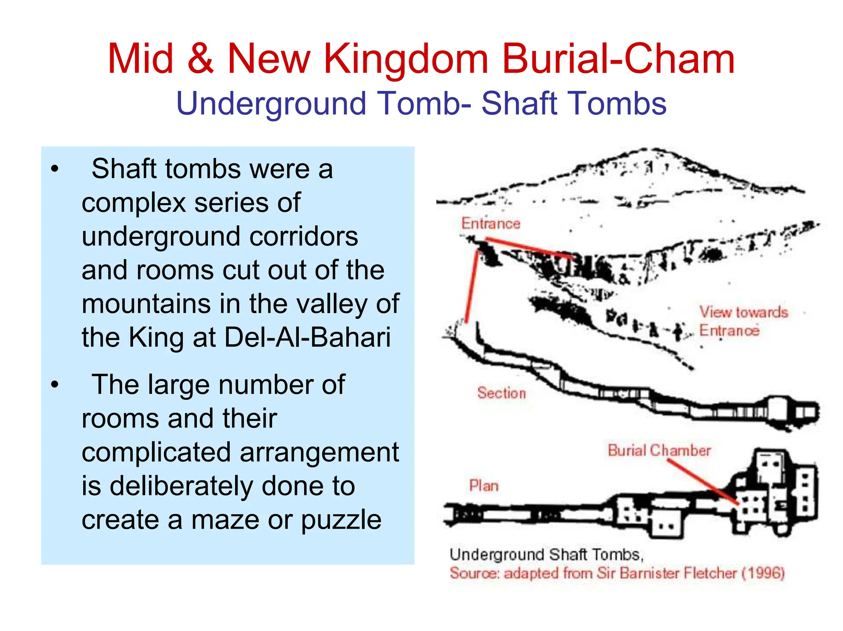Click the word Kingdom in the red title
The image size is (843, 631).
pyautogui.click(x=405, y=60)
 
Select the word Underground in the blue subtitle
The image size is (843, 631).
pyautogui.click(x=271, y=103)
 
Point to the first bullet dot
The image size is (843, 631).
pyautogui.click(x=55, y=169)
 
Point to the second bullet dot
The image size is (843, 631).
pyautogui.click(x=55, y=385)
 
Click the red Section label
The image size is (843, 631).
pyautogui.click(x=501, y=393)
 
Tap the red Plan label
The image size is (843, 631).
pyautogui.click(x=484, y=486)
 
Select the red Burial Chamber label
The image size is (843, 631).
pyautogui.click(x=659, y=450)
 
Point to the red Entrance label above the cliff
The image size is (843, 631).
pyautogui.click(x=491, y=224)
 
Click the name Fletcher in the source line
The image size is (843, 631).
pyautogui.click(x=710, y=573)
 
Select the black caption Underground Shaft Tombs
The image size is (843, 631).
pyautogui.click(x=546, y=555)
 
